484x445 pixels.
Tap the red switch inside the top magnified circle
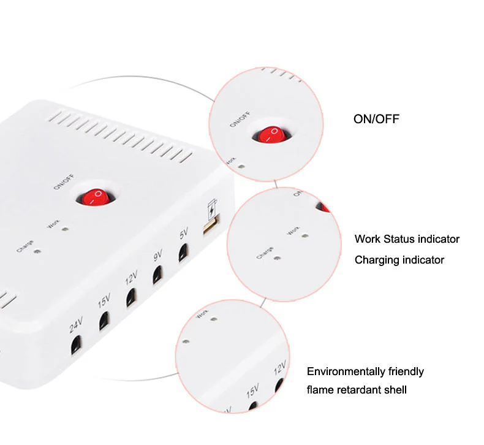point(267,134)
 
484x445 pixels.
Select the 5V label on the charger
point(183,235)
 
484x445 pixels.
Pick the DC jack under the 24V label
point(75,344)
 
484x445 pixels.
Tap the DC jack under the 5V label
point(183,253)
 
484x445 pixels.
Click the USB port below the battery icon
point(210,229)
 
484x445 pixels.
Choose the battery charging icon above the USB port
point(212,209)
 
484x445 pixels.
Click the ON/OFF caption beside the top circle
point(376,119)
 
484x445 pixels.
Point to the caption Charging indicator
point(399,260)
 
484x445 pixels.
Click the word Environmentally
point(347,371)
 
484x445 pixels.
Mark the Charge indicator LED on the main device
point(38,251)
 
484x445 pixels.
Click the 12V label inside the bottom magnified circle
point(280,368)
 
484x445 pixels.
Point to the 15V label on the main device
point(104,302)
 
